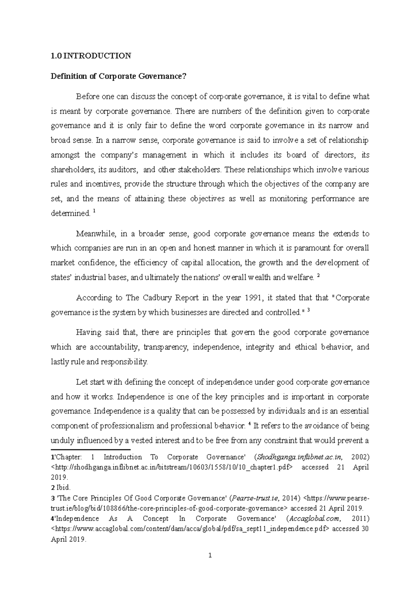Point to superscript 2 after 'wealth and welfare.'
pyautogui.click(x=318, y=276)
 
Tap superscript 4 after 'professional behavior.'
pyautogui.click(x=249, y=424)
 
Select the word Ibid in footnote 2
pyautogui.click(x=63, y=487)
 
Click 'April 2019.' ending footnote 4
pyautogui.click(x=68, y=539)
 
